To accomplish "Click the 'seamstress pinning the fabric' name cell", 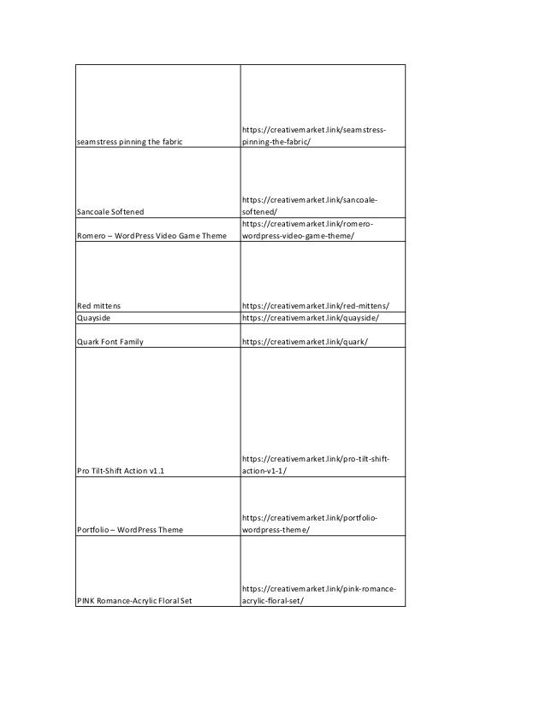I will click(126, 140).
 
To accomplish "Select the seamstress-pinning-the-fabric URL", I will click(312, 135).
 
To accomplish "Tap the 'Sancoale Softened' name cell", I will click(111, 210).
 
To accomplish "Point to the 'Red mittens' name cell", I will click(98, 304).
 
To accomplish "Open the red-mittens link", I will click(322, 304).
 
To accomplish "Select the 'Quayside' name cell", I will click(95, 318).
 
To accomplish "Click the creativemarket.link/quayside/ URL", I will click(310, 318).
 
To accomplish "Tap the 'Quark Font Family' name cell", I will click(110, 341).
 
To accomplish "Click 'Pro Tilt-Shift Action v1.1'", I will click(121, 469).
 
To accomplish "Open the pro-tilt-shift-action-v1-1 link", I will click(316, 464).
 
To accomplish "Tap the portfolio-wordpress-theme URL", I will click(311, 524).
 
